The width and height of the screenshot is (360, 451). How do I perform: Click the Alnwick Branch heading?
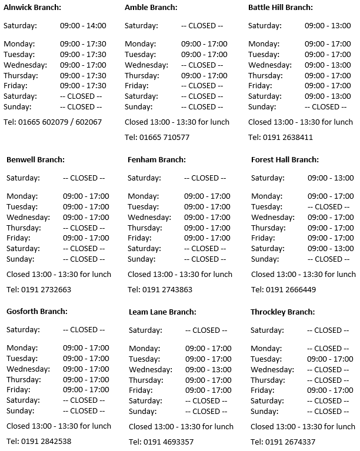pos(32,8)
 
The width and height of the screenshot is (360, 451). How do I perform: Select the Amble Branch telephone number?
pos(157,137)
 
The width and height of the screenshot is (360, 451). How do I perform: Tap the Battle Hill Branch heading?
pos(281,8)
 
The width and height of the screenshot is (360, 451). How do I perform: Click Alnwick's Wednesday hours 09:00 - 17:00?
pos(83,65)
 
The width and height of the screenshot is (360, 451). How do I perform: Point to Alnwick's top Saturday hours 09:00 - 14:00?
pos(83,26)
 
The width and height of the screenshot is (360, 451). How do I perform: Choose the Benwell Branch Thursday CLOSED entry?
pos(84,228)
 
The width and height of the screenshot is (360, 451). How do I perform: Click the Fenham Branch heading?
pos(156,159)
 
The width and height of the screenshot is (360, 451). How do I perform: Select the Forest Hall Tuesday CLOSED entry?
pos(331,206)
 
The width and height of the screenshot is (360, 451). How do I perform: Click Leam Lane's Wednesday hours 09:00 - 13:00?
pos(208,369)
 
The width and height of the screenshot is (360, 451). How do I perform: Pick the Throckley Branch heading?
pos(282,312)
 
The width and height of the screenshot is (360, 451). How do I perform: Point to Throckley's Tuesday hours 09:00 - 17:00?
pos(331,359)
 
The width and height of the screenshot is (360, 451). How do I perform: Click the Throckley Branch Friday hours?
pos(331,390)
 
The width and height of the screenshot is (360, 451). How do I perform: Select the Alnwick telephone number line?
pos(52,122)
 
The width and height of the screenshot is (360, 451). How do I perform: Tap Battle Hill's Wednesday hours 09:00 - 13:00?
pos(328,65)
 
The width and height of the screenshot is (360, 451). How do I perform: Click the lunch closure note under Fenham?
pos(179,274)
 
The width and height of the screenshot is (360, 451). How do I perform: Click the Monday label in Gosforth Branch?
pos(21,348)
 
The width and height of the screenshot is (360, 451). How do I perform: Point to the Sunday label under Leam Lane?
pos(142,412)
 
